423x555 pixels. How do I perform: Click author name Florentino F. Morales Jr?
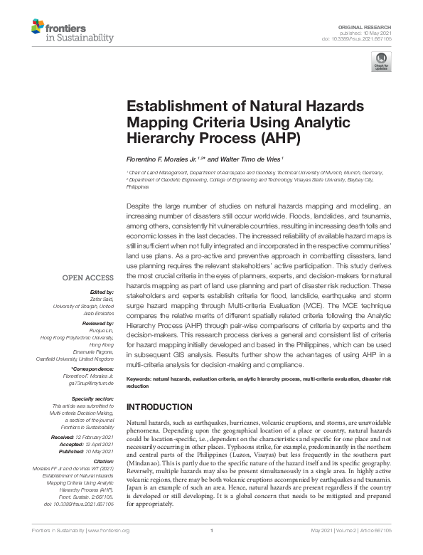(x=161, y=159)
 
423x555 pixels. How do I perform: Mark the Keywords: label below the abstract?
(x=141, y=380)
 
